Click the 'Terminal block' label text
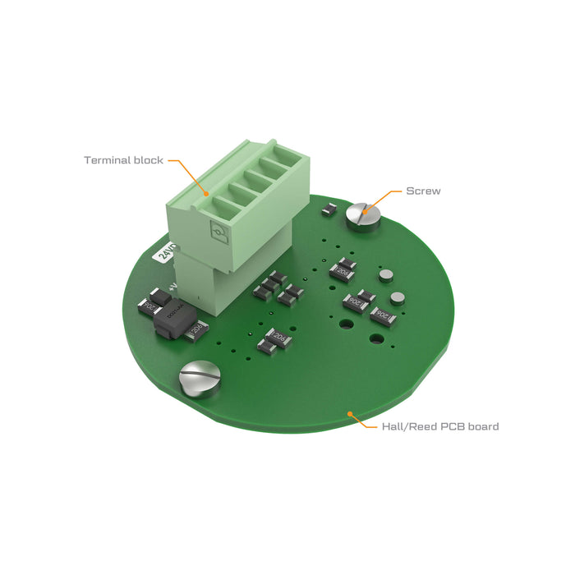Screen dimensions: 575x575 click(123, 160)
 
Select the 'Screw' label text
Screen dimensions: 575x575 click(423, 191)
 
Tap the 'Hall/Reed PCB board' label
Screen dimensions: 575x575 click(439, 426)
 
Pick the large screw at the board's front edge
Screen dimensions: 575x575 click(200, 379)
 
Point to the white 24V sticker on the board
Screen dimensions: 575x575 click(167, 251)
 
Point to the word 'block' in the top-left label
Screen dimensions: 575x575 click(149, 160)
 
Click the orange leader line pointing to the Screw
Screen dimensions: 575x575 click(386, 194)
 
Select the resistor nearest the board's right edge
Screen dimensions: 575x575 click(384, 315)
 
